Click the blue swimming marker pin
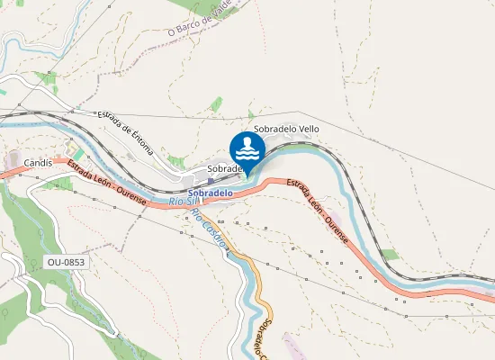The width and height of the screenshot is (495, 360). pos(247,149)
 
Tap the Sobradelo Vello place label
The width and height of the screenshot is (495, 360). pos(286,129)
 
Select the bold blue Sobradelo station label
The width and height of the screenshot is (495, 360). pos(211,193)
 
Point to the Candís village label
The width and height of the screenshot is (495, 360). pos(40,163)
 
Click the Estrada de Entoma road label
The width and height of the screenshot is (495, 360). pos(127,130)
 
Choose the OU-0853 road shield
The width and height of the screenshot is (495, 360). pos(67,262)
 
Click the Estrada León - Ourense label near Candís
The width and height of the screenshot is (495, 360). pos(106,184)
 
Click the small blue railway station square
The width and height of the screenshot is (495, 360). pos(210,181)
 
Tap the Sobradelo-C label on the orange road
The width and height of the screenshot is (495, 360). pos(262,338)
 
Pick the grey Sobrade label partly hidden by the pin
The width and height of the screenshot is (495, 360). pos(225,168)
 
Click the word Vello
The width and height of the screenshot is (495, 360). pos(308,129)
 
